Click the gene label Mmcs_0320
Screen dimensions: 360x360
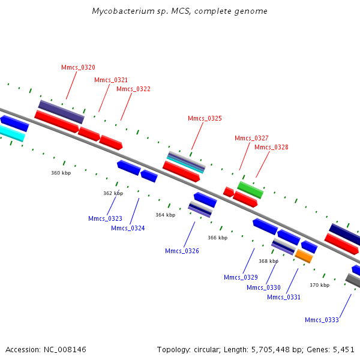(78, 68)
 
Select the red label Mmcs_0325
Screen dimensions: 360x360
(205, 119)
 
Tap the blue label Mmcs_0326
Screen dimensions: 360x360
(182, 251)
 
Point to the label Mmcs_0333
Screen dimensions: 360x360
(322, 320)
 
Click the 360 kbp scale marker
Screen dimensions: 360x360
(61, 173)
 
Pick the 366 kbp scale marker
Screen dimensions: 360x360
(218, 238)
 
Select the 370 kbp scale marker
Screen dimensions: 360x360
(319, 285)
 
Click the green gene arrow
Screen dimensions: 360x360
(250, 190)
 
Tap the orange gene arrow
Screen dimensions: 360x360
(304, 256)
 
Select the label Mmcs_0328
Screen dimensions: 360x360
(271, 147)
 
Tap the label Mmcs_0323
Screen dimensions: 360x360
(105, 218)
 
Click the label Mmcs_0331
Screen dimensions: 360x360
(284, 297)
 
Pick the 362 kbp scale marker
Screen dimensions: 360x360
(113, 193)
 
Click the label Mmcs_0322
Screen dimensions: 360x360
(133, 89)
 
